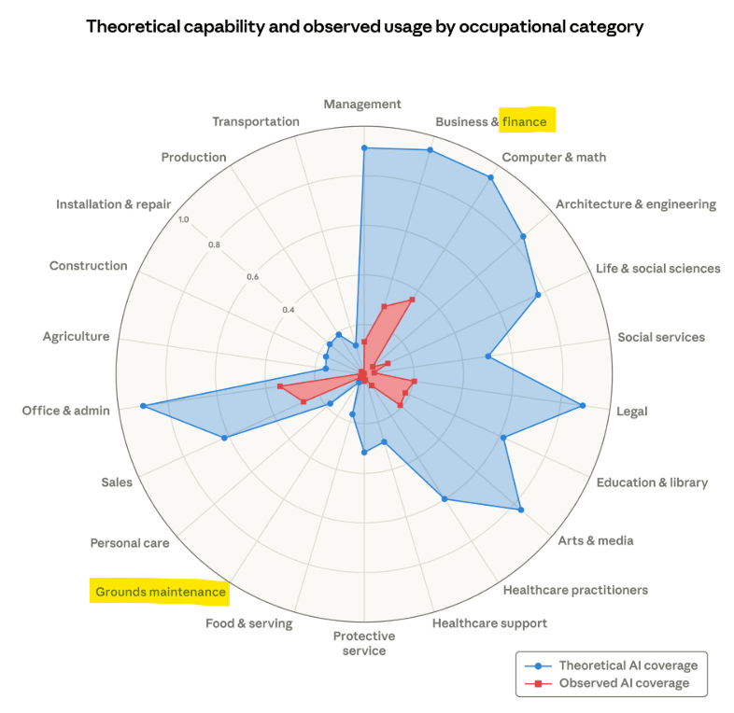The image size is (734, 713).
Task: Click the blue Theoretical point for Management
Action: point(364,147)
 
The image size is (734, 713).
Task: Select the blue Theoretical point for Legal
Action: point(583,405)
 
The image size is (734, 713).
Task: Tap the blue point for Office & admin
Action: point(143,406)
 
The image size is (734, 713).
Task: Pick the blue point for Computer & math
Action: point(491,176)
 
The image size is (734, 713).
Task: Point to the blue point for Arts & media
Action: point(520,510)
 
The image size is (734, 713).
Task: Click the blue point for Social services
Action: point(487,356)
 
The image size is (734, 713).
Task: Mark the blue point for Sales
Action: point(224,438)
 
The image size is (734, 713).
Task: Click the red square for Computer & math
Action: point(412,300)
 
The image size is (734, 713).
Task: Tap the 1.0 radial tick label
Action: point(183,220)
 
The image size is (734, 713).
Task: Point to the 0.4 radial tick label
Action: point(289,310)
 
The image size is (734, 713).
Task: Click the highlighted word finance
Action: point(524,121)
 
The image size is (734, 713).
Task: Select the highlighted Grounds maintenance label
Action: point(160,592)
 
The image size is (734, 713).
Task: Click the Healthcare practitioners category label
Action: point(574,590)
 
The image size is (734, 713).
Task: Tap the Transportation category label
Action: point(256,121)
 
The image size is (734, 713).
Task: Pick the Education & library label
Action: point(652,482)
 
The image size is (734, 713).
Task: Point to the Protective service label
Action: point(364,643)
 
